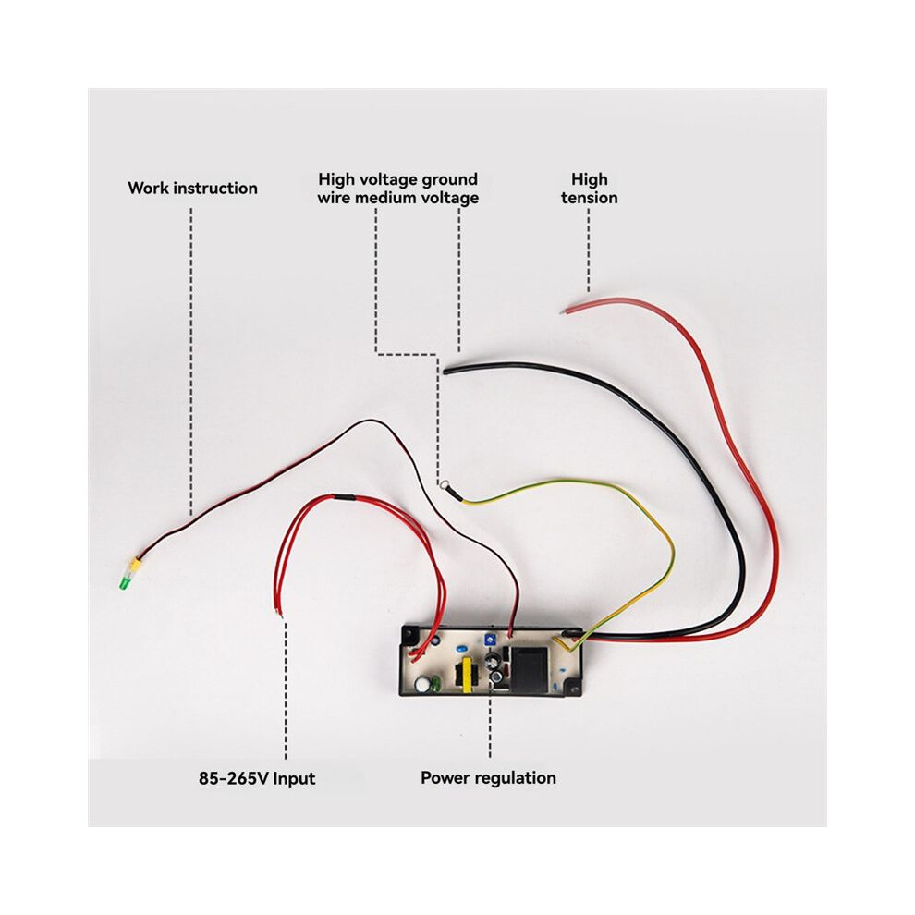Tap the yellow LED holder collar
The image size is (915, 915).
click(134, 564)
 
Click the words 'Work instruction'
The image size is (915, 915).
click(192, 188)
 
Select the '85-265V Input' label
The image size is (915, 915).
click(257, 778)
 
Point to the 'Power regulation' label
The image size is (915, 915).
click(488, 778)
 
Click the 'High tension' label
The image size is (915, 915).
click(590, 188)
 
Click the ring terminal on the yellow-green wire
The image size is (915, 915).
click(445, 483)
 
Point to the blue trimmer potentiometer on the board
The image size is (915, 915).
click(489, 640)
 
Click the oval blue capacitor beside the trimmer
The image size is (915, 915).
click(461, 648)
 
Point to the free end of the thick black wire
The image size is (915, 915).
click(445, 372)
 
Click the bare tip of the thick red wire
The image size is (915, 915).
click(563, 311)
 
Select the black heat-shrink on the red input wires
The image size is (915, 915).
click(343, 497)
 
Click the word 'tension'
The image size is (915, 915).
click(590, 198)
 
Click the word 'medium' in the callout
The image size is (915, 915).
click(384, 198)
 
